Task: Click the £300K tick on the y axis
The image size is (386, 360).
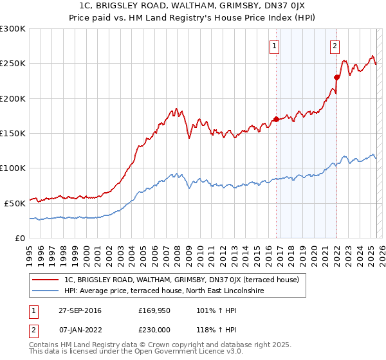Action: click(13, 29)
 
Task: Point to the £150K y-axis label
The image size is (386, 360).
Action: click(13, 133)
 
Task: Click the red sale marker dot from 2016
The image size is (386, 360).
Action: click(276, 119)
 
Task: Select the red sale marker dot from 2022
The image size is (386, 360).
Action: click(336, 77)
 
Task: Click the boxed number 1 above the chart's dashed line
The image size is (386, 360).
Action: click(275, 46)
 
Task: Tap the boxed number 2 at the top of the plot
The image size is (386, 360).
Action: click(335, 46)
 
